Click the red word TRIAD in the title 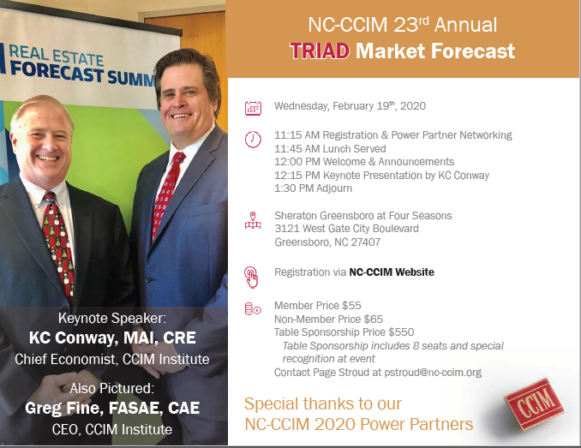(320, 51)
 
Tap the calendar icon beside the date (253, 108)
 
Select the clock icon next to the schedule (253, 140)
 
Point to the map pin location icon (253, 220)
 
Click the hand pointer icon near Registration (251, 277)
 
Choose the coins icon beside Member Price (253, 308)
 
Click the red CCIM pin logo (534, 403)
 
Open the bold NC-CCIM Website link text (392, 272)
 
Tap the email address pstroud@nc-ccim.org (433, 373)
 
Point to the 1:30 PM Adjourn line (313, 188)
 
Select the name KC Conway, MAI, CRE (112, 338)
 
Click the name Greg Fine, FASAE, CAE (112, 408)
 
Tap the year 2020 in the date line (413, 106)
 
